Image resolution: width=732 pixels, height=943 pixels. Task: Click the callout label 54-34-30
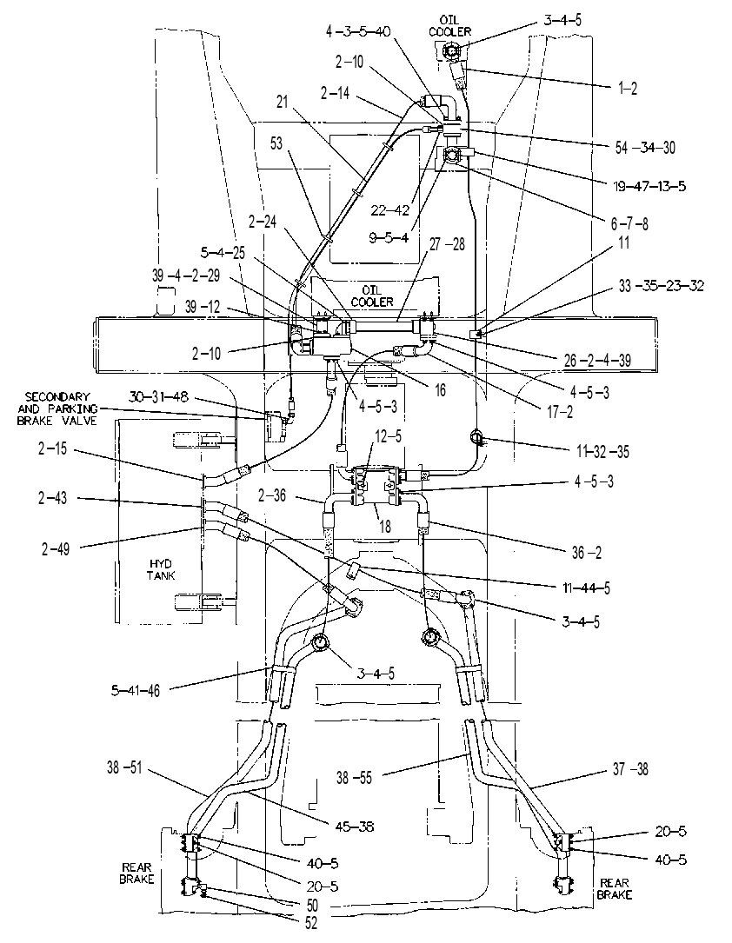(x=645, y=148)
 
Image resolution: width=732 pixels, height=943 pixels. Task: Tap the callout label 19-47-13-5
(x=649, y=187)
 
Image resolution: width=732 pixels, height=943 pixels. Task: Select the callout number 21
(x=282, y=103)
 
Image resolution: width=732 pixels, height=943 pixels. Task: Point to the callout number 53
(x=276, y=143)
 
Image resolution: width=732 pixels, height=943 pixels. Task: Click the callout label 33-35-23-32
(x=661, y=285)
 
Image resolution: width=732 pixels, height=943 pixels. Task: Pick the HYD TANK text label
(x=161, y=569)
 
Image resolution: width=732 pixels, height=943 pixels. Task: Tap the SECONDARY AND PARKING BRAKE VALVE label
(x=57, y=409)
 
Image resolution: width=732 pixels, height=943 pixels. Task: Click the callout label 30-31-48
(x=158, y=396)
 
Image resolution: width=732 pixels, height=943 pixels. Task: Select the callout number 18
(x=384, y=526)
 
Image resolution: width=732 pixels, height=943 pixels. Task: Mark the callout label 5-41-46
(x=136, y=691)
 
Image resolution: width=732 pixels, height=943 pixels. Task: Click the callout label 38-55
(x=355, y=778)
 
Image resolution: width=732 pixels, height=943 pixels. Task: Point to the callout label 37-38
(x=629, y=768)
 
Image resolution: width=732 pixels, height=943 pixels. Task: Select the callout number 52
(x=311, y=922)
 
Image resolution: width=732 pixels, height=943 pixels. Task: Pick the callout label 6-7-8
(x=629, y=223)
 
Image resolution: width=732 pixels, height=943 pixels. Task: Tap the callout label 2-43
(x=52, y=498)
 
